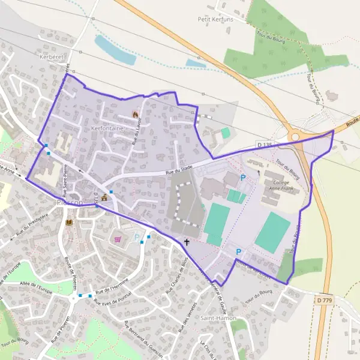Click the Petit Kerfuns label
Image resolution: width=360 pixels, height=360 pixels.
pyautogui.click(x=215, y=19)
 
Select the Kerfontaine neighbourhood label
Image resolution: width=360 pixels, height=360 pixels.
pyautogui.click(x=107, y=128)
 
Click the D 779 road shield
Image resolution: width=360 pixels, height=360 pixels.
pyautogui.click(x=325, y=299)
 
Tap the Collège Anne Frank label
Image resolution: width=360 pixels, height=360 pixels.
pyautogui.click(x=281, y=185)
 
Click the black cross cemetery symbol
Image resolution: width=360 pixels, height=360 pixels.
pyautogui.click(x=187, y=242)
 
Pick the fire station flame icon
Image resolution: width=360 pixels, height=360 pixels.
pyautogui.click(x=135, y=114)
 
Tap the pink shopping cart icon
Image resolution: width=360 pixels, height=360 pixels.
pyautogui.click(x=118, y=239)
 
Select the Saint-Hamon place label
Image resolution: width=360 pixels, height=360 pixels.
pyautogui.click(x=218, y=317)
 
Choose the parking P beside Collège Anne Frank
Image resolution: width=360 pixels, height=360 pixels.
pyautogui.click(x=243, y=178)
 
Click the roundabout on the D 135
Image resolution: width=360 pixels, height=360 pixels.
pyautogui.click(x=295, y=137)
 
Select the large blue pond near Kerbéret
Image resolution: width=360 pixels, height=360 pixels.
pyautogui.click(x=115, y=50)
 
